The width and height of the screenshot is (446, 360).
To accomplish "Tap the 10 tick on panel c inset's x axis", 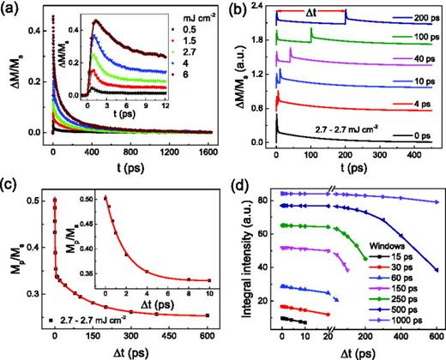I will pos(204,287).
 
